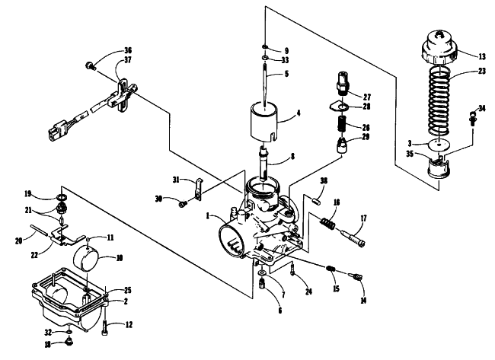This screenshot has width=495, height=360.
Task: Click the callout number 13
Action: click(x=482, y=56)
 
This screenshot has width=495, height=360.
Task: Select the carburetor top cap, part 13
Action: click(x=439, y=47)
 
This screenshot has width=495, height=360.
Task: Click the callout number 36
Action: click(x=127, y=50)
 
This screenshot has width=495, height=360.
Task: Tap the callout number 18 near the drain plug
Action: click(x=48, y=345)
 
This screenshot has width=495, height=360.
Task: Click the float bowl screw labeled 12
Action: click(x=105, y=328)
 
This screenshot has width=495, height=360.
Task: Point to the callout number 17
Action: click(x=363, y=218)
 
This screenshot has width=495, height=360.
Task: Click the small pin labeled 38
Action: click(x=316, y=201)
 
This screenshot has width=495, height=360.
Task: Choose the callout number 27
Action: click(x=367, y=97)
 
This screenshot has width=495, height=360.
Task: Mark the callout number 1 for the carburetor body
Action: click(x=208, y=216)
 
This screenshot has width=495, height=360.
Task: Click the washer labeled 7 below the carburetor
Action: click(x=262, y=272)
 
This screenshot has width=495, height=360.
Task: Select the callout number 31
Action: click(x=176, y=180)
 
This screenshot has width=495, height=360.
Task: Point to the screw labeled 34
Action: click(x=473, y=119)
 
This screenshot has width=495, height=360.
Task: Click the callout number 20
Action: click(x=18, y=241)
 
